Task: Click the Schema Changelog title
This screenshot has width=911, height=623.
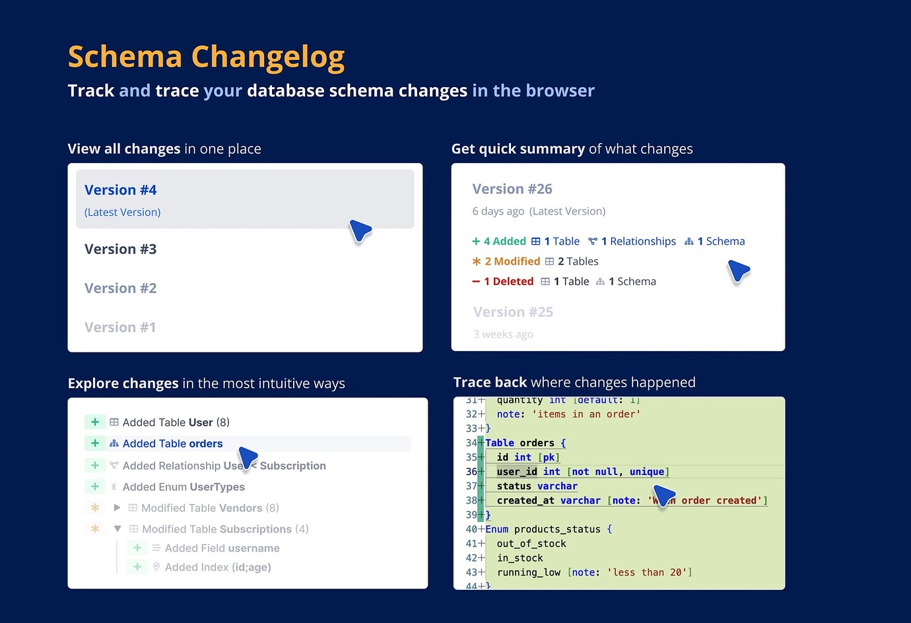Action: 206,57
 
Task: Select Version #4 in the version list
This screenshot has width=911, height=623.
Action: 121,190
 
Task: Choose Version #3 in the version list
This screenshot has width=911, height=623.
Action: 121,249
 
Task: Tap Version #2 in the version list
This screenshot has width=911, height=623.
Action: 121,288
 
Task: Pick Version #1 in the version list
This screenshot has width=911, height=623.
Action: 120,327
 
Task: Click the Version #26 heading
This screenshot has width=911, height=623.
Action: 512,189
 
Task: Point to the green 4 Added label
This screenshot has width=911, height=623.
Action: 499,242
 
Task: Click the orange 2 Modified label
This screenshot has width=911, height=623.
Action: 506,261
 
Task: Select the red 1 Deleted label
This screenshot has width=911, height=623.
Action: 503,282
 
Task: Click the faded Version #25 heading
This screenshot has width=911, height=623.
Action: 514,312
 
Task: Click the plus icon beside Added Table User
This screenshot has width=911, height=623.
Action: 95,422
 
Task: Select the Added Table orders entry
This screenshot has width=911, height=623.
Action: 172,444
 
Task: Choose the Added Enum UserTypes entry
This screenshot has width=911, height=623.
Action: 184,487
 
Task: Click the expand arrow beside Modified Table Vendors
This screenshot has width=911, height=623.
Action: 117,508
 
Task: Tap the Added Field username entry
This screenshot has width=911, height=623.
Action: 222,548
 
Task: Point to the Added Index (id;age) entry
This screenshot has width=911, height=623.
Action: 218,568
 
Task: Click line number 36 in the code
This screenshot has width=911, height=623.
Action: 471,472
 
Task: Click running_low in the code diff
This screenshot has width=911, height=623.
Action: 529,573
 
